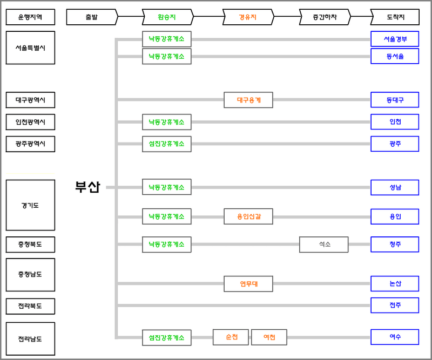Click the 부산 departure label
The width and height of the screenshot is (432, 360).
(87, 187)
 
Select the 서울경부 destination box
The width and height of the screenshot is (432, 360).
(395, 39)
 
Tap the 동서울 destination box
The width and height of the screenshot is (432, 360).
(395, 56)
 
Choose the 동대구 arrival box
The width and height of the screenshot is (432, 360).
(395, 100)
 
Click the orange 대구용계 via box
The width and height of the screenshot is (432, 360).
(248, 100)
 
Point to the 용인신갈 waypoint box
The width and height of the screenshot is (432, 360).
(248, 216)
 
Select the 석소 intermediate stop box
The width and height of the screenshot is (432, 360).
(324, 244)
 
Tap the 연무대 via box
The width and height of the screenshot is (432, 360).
(248, 283)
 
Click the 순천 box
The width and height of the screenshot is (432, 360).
(231, 337)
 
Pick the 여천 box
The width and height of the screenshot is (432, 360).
(269, 337)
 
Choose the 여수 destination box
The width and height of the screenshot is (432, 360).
(395, 337)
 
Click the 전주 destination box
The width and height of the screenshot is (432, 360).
(395, 305)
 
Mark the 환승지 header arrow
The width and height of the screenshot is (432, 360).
(167, 17)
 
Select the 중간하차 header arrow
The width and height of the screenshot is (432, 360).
(325, 17)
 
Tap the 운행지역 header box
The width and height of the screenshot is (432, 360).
(30, 17)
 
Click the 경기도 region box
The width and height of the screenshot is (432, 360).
(30, 205)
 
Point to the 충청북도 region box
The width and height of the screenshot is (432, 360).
(30, 244)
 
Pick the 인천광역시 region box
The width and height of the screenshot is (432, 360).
(30, 122)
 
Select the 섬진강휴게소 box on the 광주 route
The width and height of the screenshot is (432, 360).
(167, 144)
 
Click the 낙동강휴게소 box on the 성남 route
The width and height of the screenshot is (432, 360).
(167, 187)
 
